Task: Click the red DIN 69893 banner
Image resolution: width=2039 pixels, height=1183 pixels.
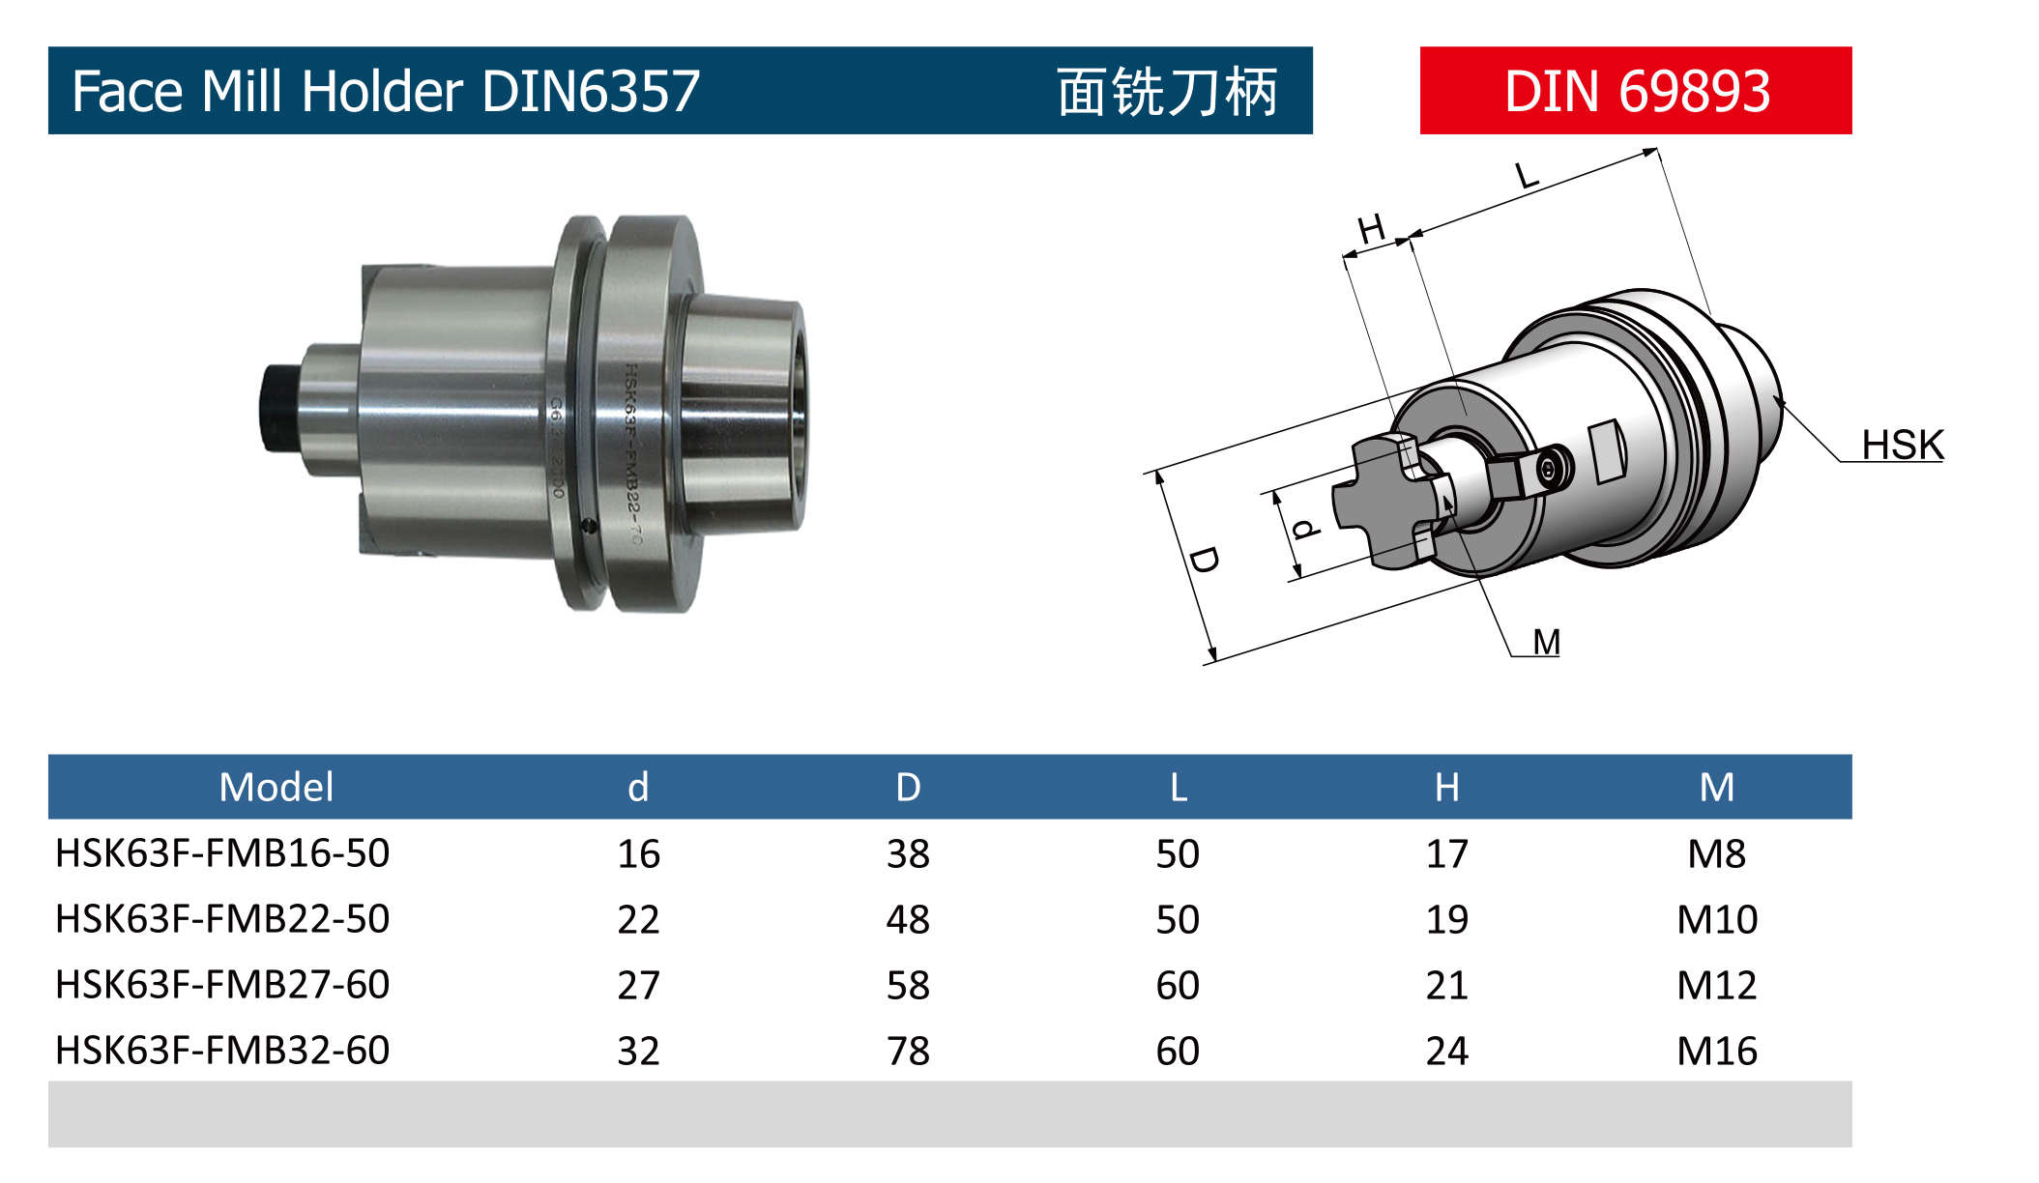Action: pyautogui.click(x=1635, y=91)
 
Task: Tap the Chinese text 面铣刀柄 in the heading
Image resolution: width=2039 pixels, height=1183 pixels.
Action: pyautogui.click(x=1167, y=92)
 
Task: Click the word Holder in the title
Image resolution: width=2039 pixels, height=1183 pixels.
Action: pyautogui.click(x=383, y=92)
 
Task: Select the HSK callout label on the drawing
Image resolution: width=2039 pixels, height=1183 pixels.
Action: pyautogui.click(x=1902, y=446)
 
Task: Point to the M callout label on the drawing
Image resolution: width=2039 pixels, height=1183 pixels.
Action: pyautogui.click(x=1546, y=642)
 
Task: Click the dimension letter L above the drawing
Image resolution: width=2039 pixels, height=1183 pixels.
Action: pyautogui.click(x=1526, y=176)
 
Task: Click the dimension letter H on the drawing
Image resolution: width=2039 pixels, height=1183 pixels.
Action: pyautogui.click(x=1371, y=230)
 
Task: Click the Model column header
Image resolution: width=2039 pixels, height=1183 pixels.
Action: pyautogui.click(x=276, y=787)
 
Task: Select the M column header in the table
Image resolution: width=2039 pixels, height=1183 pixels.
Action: pyautogui.click(x=1716, y=787)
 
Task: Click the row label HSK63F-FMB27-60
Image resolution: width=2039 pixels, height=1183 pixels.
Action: pyautogui.click(x=222, y=985)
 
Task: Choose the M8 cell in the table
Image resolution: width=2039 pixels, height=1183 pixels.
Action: pyautogui.click(x=1716, y=853)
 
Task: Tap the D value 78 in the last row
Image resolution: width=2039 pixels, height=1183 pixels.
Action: pyautogui.click(x=908, y=1051)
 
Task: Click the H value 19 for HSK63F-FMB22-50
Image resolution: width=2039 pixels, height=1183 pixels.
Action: pyautogui.click(x=1446, y=919)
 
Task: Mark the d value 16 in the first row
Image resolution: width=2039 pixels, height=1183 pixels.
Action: pyautogui.click(x=638, y=853)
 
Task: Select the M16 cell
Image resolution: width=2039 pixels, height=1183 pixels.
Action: pyautogui.click(x=1716, y=1051)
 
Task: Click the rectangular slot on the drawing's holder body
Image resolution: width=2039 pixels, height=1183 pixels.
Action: pyautogui.click(x=1607, y=450)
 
